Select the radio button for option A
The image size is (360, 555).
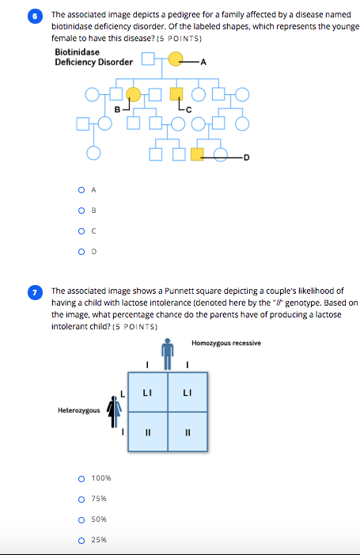pyautogui.click(x=81, y=189)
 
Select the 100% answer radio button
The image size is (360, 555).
pyautogui.click(x=81, y=478)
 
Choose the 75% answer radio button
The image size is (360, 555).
pyautogui.click(x=81, y=499)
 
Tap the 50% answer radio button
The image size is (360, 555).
pyautogui.click(x=81, y=519)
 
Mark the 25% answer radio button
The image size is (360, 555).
pyautogui.click(x=81, y=540)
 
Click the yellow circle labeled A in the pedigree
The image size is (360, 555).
pyautogui.click(x=176, y=59)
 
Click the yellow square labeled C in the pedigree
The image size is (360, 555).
pyautogui.click(x=176, y=94)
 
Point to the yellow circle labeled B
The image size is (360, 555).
pyautogui.click(x=134, y=94)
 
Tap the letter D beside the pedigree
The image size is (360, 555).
pyautogui.click(x=246, y=157)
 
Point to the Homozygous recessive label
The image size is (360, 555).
pyautogui.click(x=225, y=343)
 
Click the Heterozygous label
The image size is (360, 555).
pyautogui.click(x=78, y=410)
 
